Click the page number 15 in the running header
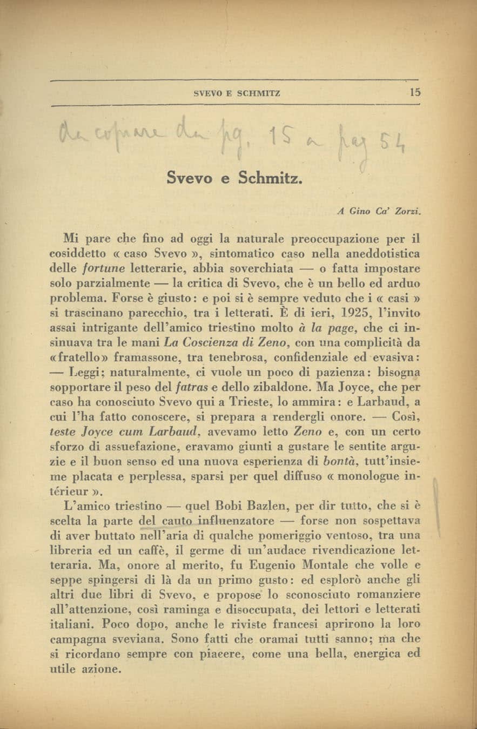pos(414,92)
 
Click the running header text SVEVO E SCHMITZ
pos(237,93)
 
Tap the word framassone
pos(142,357)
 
